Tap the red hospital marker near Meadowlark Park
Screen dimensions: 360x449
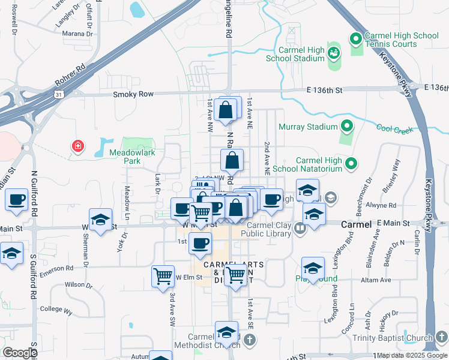pos(77,146)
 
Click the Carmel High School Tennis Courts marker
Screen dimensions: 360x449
pos(355,40)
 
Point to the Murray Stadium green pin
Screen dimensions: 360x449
pos(346,127)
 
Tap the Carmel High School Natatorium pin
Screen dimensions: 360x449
pos(351,163)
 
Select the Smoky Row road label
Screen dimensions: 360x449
pos(133,94)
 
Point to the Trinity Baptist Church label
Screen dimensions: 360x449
pos(400,338)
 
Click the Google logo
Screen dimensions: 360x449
pos(20,353)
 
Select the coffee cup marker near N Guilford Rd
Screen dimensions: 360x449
pos(16,199)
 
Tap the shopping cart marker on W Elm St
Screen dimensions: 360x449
pos(163,277)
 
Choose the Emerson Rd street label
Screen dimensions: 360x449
pos(61,268)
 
